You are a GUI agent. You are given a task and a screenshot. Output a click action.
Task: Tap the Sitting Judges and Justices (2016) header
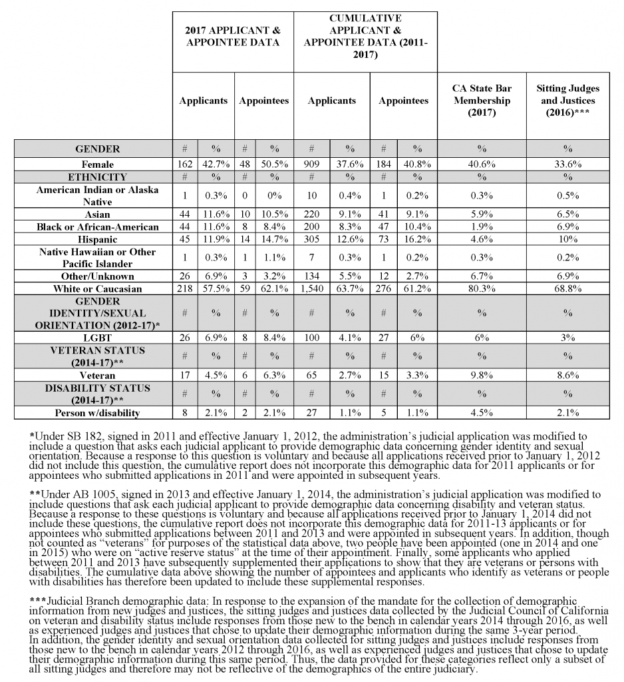[567, 101]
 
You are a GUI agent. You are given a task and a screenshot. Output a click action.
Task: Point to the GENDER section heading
[97, 149]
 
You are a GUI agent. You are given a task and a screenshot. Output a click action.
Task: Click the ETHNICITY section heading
[97, 177]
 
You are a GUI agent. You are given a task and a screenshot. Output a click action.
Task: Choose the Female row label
[97, 164]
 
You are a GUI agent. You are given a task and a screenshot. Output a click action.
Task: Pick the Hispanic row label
[97, 239]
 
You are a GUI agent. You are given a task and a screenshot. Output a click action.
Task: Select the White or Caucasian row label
[97, 289]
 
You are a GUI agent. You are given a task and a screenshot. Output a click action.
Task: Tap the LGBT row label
[97, 338]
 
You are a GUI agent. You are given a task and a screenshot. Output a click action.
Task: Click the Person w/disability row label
[97, 413]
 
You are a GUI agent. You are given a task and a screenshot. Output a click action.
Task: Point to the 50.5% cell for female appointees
[274, 164]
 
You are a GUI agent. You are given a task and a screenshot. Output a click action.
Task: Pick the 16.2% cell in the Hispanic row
[417, 239]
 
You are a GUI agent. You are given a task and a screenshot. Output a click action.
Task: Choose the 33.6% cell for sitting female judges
[567, 164]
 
